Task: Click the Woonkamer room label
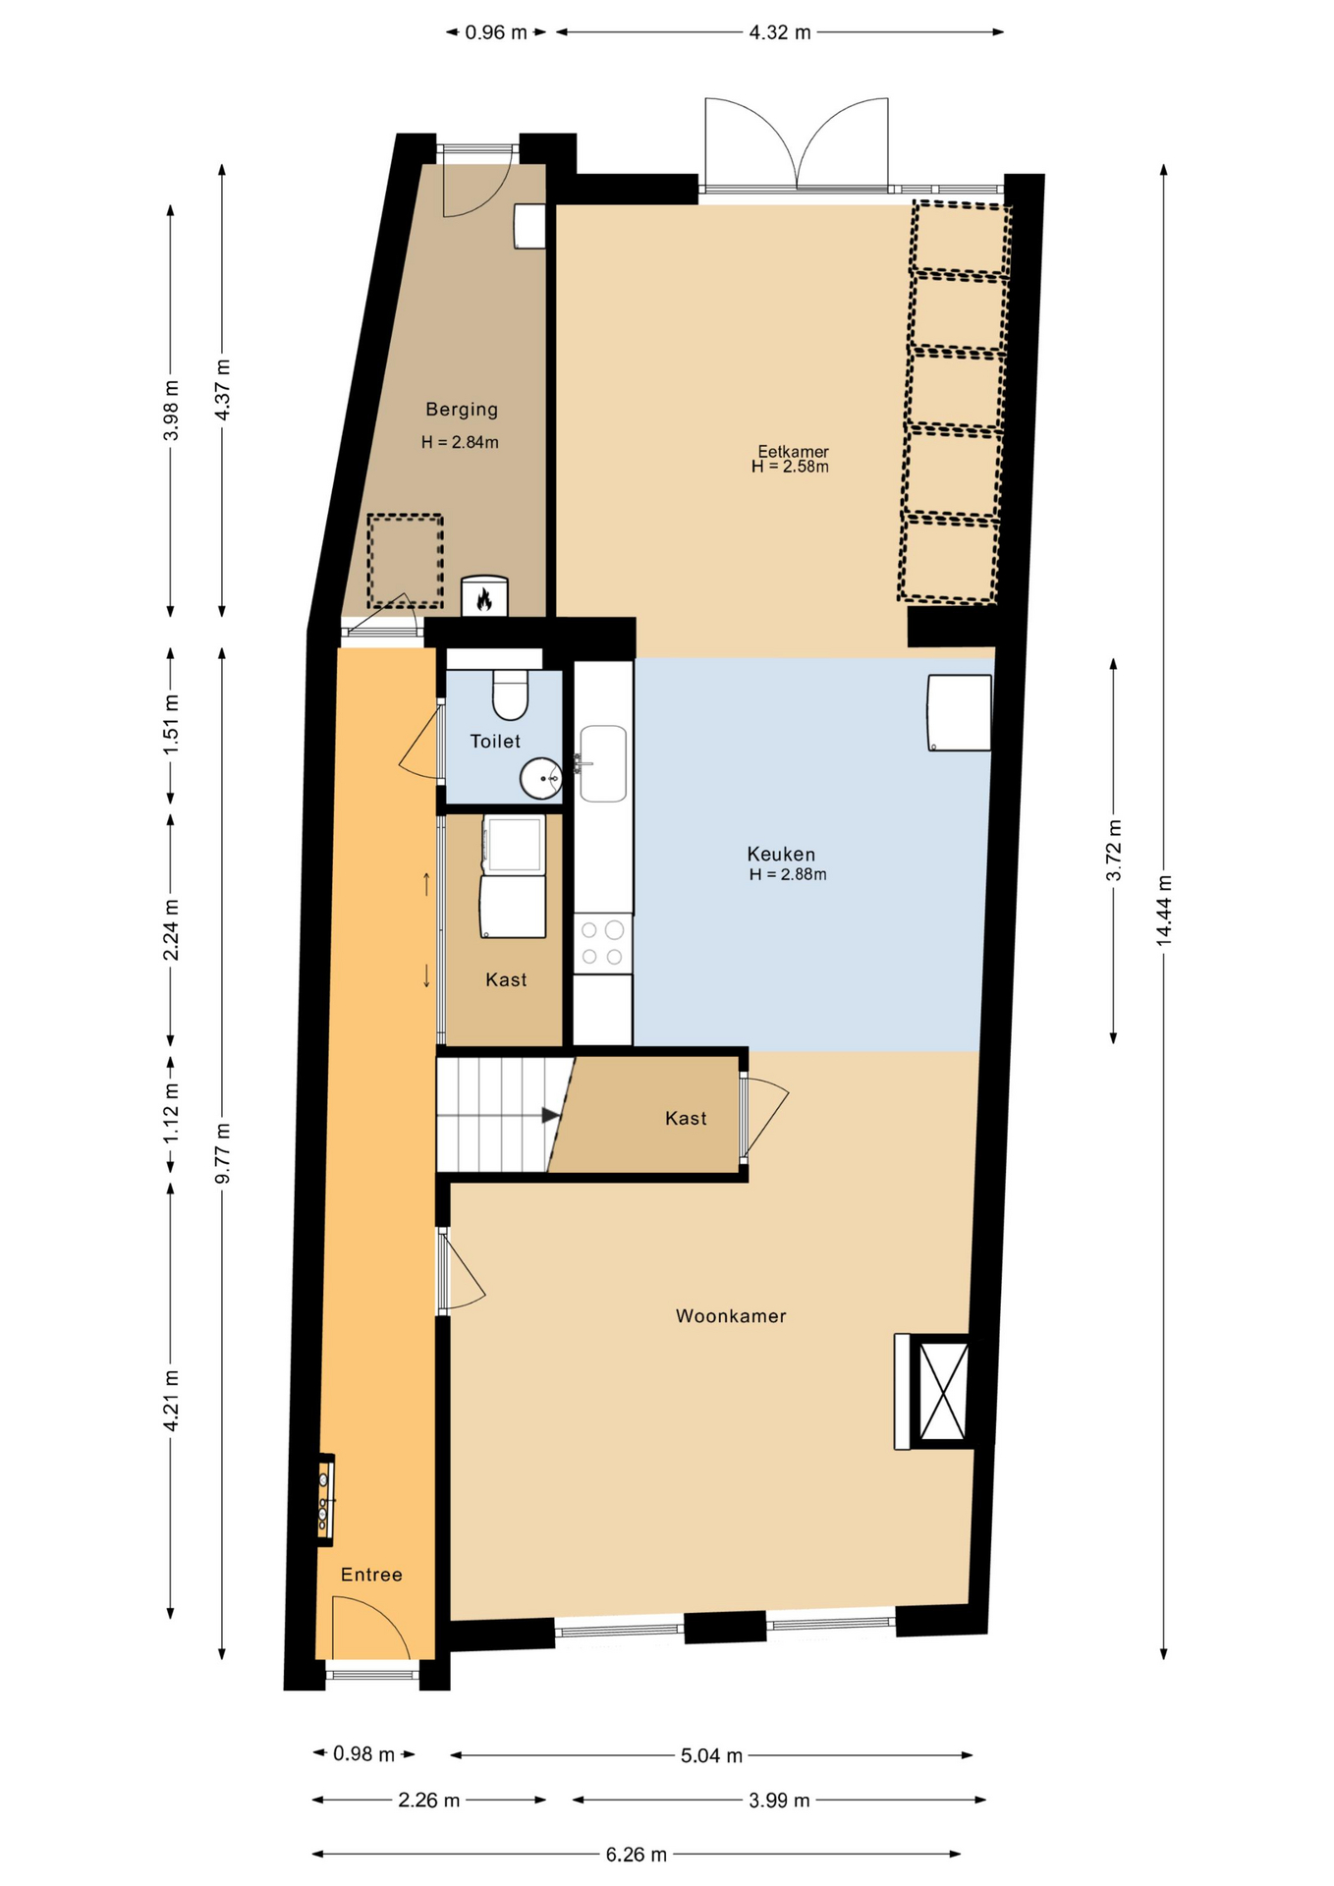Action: [731, 1316]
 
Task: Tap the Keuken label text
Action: [781, 855]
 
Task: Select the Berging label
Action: [462, 410]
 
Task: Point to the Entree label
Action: [371, 1575]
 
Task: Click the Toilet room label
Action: [495, 742]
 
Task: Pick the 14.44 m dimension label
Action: [1164, 911]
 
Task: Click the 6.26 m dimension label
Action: [637, 1855]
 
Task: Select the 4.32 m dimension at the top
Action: [780, 32]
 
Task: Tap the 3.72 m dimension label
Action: [1114, 850]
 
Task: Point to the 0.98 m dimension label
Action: [363, 1753]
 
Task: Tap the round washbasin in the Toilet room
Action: [540, 779]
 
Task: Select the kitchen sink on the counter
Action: [603, 763]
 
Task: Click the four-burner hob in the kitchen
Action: [602, 943]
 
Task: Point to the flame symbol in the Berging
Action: [484, 598]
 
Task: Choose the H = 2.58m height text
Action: [790, 467]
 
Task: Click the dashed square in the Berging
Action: [405, 561]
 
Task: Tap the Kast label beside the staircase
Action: [686, 1119]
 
